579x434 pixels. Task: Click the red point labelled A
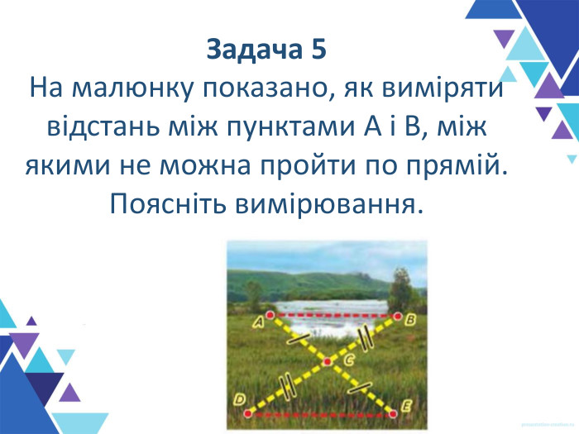coord(270,315)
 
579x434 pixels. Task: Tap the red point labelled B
coord(396,315)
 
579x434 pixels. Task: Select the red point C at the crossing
coord(328,361)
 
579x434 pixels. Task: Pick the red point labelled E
coord(392,410)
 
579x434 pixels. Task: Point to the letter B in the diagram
coord(410,323)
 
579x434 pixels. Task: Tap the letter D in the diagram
coord(239,400)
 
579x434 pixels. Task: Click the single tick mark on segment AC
coord(299,337)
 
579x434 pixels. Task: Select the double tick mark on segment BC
coord(365,336)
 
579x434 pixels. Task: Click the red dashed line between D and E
coord(323,411)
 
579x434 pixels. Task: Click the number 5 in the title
coord(318,50)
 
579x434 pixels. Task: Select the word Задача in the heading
coord(252,50)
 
